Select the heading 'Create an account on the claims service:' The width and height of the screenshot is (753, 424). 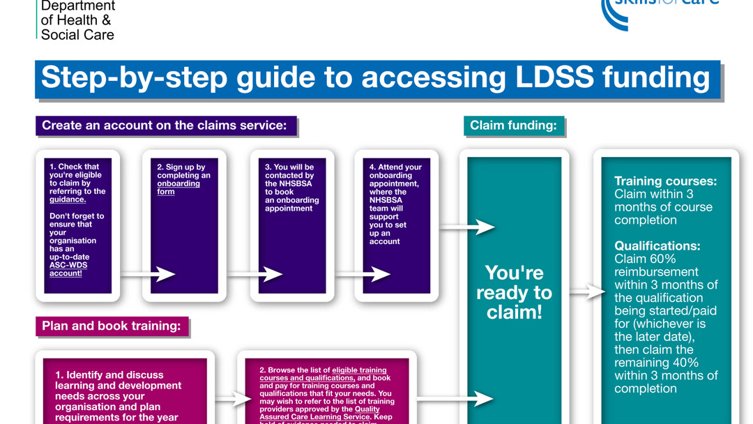tap(165, 126)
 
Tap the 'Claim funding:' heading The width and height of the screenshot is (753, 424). tap(513, 126)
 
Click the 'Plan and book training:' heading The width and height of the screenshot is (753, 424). tap(112, 326)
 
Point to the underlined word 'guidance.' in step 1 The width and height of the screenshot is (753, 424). tap(68, 199)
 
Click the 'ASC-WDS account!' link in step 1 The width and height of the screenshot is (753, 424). tap(68, 269)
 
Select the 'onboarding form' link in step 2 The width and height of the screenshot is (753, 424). tap(178, 188)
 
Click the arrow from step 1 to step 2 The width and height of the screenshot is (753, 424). tap(148, 274)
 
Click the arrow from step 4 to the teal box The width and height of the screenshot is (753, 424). tap(468, 227)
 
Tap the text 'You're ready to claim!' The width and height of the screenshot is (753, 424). tap(514, 292)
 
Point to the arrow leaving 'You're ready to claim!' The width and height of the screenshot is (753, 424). tap(587, 291)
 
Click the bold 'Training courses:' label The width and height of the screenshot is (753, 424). tap(665, 181)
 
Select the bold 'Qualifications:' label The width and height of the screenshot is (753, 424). tap(657, 246)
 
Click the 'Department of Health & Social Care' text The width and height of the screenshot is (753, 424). tap(77, 20)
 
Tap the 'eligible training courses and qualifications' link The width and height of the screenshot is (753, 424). tap(323, 374)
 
